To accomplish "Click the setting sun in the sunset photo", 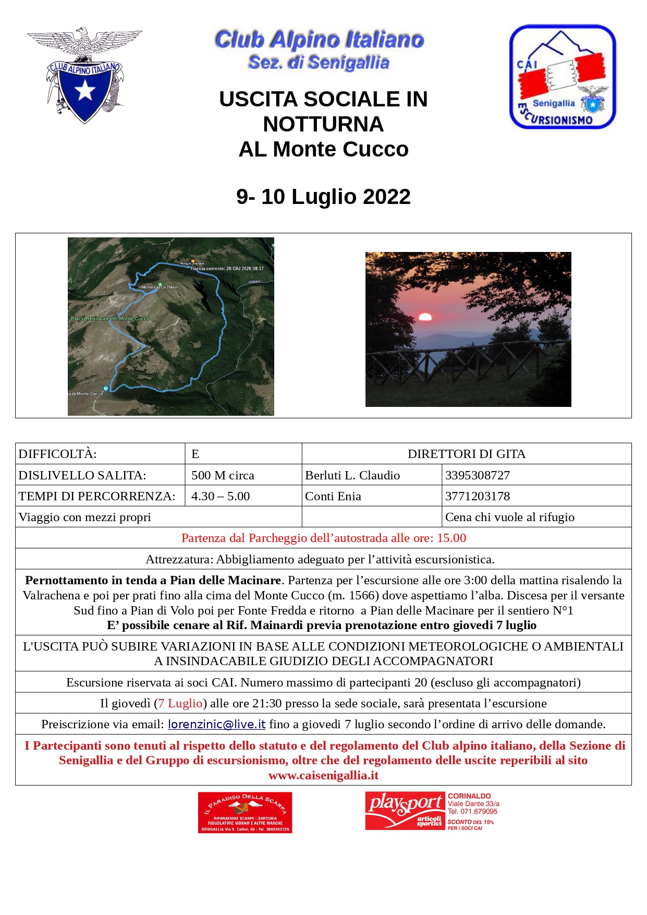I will [425, 317].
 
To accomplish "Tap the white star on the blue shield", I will [84, 91].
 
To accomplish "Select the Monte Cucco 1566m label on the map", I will [160, 287].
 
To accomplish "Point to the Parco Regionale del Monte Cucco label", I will [110, 318].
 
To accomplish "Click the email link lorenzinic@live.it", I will [216, 724].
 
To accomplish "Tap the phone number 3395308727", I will [477, 475].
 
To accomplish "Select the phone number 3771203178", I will [477, 496].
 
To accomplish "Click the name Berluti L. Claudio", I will [352, 475].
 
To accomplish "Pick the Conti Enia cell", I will [333, 496].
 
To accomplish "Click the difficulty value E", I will [195, 454].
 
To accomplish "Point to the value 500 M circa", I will [223, 475].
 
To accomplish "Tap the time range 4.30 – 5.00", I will [221, 496].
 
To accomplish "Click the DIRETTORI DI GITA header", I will [467, 454].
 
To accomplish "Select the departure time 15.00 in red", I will [451, 538].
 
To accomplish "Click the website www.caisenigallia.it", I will [323, 775].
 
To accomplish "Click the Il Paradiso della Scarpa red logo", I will [245, 812].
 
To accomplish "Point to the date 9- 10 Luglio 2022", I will [323, 197].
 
